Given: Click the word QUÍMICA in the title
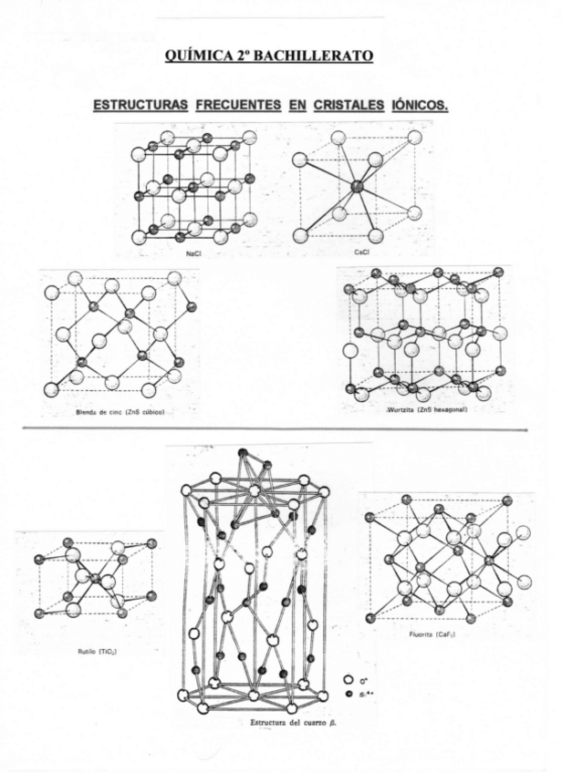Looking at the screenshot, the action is (x=193, y=57).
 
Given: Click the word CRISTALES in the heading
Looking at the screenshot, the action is (x=349, y=105).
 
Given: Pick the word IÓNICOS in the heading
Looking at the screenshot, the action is (x=420, y=105).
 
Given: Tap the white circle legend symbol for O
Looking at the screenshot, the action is (x=348, y=680).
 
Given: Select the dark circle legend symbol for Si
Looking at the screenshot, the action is (x=348, y=694).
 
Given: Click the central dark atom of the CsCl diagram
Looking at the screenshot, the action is (x=357, y=187).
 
